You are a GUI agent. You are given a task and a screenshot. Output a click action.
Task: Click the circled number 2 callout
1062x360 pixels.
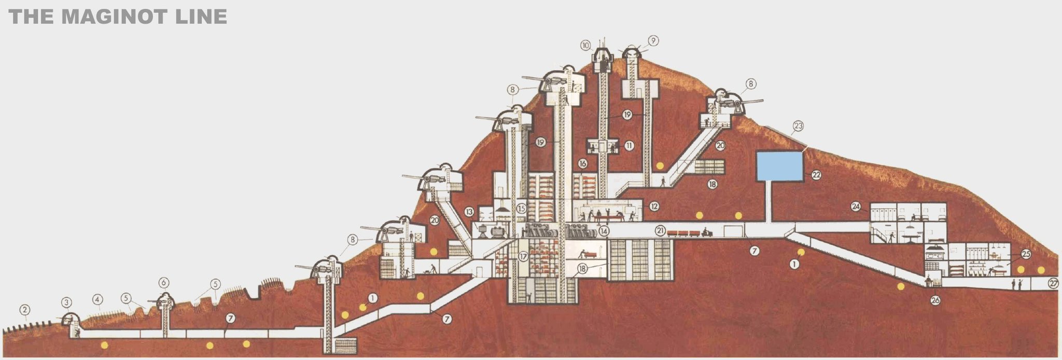point(24,310)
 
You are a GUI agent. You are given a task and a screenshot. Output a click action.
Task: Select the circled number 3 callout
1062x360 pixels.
point(66,302)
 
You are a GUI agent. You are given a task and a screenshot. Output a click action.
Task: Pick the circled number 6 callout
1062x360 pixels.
point(164,283)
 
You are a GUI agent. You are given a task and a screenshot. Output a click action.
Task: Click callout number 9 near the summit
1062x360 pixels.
point(653,40)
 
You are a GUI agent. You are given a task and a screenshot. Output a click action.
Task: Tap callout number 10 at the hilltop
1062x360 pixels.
point(586,45)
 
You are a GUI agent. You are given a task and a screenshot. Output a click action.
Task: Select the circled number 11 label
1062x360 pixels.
point(629,146)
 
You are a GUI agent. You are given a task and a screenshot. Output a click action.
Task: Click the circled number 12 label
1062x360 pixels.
point(654,206)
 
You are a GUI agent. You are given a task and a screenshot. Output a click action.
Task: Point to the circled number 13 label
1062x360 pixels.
point(469,212)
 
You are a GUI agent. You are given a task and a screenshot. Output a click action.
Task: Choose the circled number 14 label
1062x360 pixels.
point(603,231)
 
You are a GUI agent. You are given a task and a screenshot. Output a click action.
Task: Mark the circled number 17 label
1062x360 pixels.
point(523,256)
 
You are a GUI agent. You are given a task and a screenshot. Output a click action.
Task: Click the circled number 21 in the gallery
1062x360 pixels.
point(660,231)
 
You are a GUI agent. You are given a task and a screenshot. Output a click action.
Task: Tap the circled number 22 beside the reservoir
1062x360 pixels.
point(816,175)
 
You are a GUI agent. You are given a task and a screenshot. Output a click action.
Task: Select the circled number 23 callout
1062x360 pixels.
point(798,125)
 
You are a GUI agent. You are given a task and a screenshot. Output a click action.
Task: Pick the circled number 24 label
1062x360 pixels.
point(856,206)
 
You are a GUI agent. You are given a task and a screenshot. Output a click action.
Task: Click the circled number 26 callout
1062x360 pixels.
point(935,300)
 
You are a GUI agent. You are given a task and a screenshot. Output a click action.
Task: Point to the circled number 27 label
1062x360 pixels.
point(1053,283)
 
